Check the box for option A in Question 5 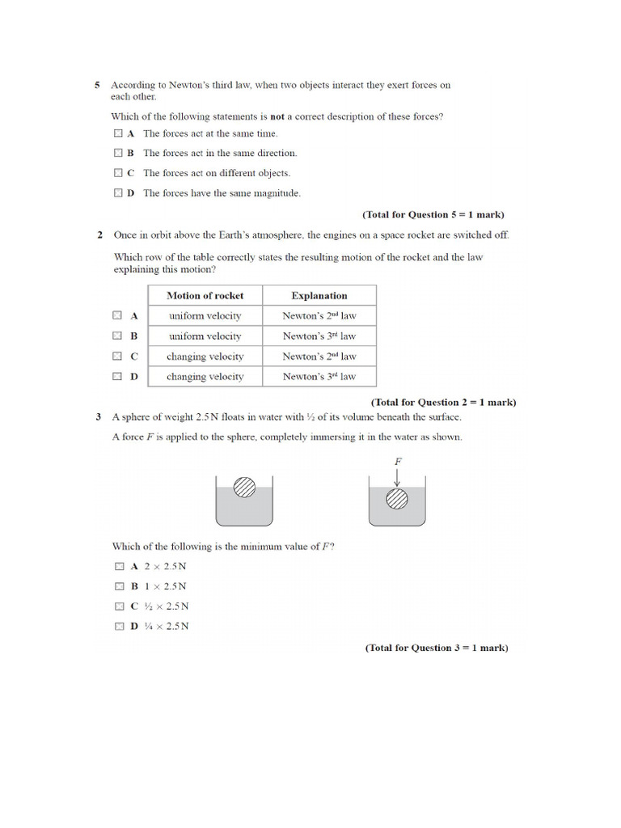(x=118, y=133)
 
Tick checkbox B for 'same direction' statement (x=118, y=153)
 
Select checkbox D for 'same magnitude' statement (x=118, y=193)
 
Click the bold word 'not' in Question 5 (x=277, y=116)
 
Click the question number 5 (x=97, y=84)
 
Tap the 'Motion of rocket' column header (x=205, y=295)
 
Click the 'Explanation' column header (x=319, y=295)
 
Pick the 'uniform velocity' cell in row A (x=205, y=315)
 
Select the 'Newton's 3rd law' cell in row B (x=319, y=336)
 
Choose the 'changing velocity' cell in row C (x=205, y=356)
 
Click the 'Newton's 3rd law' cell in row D (x=319, y=376)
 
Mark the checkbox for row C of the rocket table (x=117, y=356)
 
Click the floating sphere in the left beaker (x=244, y=487)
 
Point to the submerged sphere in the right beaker (x=397, y=499)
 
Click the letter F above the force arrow (x=398, y=461)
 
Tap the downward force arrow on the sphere (x=397, y=477)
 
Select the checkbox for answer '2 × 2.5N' (x=119, y=567)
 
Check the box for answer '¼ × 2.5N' (x=119, y=627)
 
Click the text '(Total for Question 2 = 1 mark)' (x=443, y=402)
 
